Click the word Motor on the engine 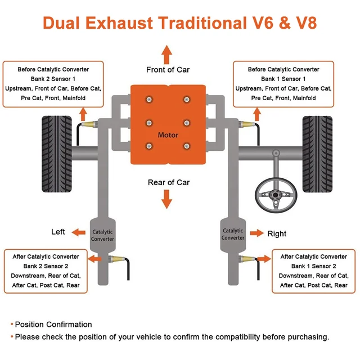[168, 135]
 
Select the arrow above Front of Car [167, 54]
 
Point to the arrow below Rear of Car [167, 199]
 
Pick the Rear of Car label [169, 182]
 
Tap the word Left [58, 232]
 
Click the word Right [277, 233]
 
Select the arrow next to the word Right [257, 233]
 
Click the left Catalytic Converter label [102, 235]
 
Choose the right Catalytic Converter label [233, 234]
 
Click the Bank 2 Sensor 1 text [53, 79]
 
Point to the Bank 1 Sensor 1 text [283, 79]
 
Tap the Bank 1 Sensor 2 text [313, 266]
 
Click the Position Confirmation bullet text [53, 325]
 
